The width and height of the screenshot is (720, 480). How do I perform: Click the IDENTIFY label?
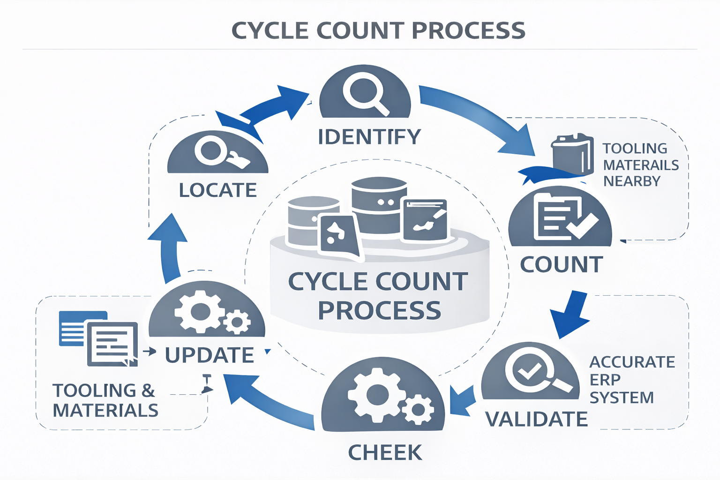pos(369,137)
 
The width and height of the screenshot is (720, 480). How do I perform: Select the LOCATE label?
pos(218,190)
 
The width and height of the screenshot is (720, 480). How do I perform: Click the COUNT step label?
pos(562,265)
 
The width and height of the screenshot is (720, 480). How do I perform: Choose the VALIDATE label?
pos(536,419)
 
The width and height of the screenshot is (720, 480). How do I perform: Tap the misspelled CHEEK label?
pos(385,453)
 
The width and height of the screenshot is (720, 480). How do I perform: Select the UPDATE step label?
pos(210,355)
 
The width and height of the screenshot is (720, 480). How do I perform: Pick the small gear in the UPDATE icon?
pos(237,322)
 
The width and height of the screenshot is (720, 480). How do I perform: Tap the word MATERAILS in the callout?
pos(641,165)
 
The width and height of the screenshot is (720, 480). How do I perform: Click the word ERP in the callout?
pos(605,380)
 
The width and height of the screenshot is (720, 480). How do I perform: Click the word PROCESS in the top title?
pos(469,31)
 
